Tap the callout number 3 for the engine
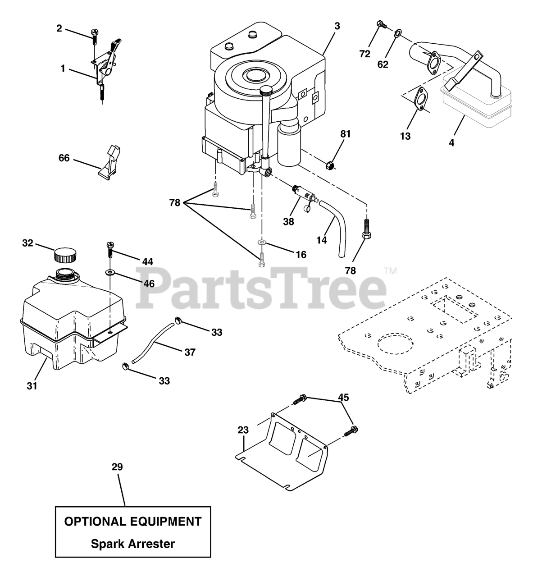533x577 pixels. click(x=337, y=26)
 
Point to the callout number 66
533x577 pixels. click(x=64, y=158)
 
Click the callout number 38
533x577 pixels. click(x=288, y=221)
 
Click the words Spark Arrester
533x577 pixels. click(x=133, y=544)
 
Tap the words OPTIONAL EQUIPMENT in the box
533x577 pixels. click(x=133, y=522)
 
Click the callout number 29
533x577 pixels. click(x=117, y=467)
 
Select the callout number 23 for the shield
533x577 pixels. click(x=243, y=430)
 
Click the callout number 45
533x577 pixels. click(x=343, y=397)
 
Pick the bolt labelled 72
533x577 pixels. click(x=380, y=24)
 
